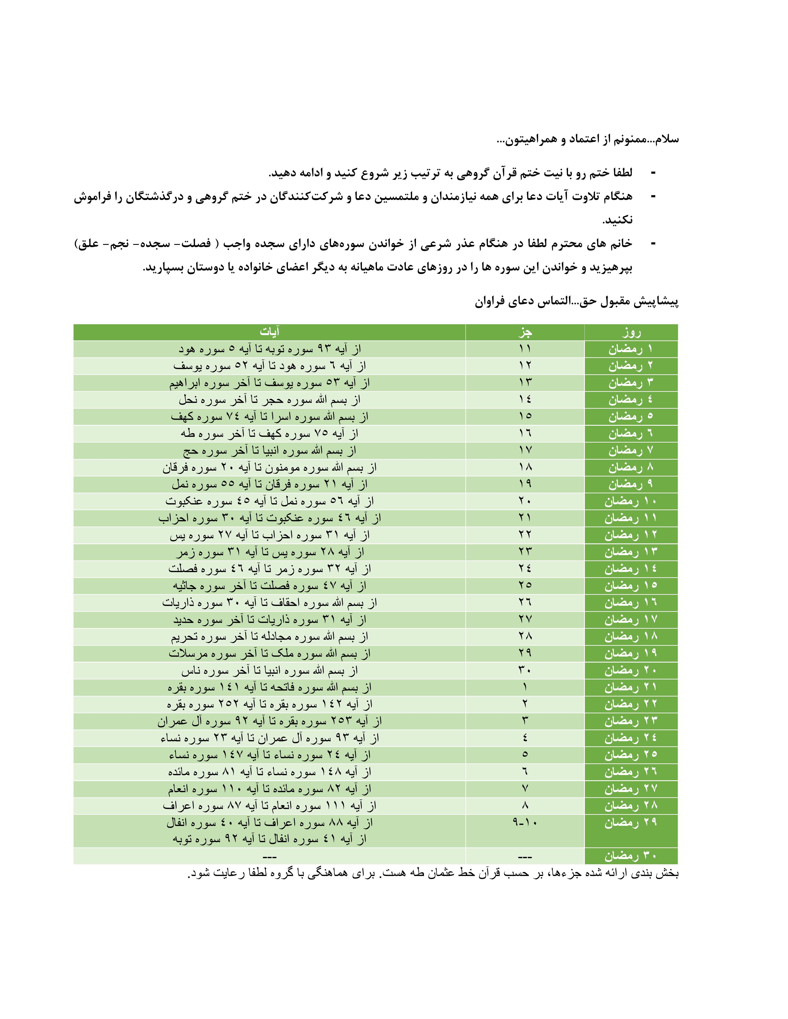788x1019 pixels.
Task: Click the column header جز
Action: pyautogui.click(x=525, y=332)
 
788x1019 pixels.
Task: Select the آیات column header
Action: pyautogui.click(x=269, y=332)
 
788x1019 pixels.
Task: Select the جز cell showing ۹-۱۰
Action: pyautogui.click(x=525, y=823)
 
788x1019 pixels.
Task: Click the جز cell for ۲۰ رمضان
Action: pyautogui.click(x=525, y=671)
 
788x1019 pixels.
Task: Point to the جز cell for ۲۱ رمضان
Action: pyautogui.click(x=525, y=687)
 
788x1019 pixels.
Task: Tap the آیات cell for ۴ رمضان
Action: pyautogui.click(x=269, y=400)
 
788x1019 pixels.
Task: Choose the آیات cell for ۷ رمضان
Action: pyautogui.click(x=269, y=451)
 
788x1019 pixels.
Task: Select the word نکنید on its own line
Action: pyautogui.click(x=617, y=220)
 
